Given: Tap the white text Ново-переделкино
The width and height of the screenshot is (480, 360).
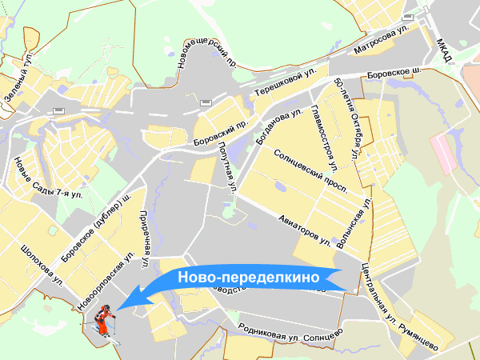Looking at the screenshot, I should pos(248,277).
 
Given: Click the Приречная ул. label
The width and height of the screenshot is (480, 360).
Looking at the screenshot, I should pos(146,238).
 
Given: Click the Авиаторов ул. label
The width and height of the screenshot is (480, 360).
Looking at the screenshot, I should pos(306,227).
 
